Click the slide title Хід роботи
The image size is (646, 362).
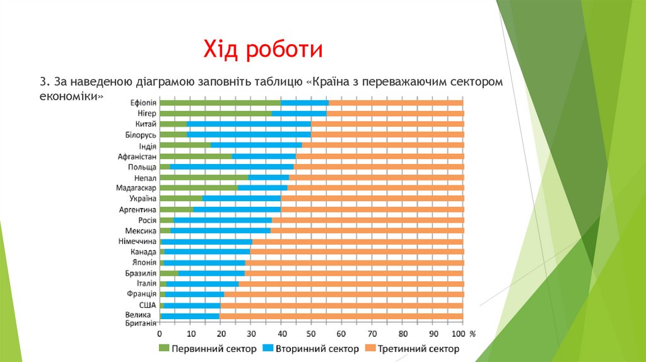click(x=263, y=50)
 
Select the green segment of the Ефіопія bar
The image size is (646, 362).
click(x=220, y=103)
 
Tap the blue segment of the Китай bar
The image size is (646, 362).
click(x=249, y=124)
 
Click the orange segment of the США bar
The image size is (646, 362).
click(x=341, y=305)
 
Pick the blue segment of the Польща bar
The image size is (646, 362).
click(x=232, y=167)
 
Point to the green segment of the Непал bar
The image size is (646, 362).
click(x=204, y=178)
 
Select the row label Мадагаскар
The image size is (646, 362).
click(x=136, y=188)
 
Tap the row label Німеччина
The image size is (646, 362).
click(x=137, y=242)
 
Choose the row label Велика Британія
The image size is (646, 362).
click(x=140, y=318)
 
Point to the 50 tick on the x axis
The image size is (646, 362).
click(x=311, y=333)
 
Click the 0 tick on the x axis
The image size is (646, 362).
click(x=160, y=333)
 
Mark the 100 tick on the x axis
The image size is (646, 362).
click(x=459, y=333)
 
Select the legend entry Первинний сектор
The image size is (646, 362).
click(x=208, y=348)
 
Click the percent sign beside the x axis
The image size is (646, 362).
click(x=473, y=333)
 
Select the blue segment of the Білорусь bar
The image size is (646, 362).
click(x=249, y=135)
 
